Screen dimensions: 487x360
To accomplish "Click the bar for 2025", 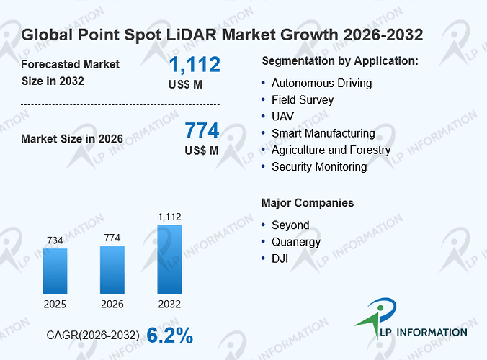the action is [x=55, y=271].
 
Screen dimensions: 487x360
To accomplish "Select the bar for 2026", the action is [x=112, y=270].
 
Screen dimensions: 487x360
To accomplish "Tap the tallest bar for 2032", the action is [x=169, y=259].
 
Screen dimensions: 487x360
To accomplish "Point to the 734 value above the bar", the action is [x=55, y=240].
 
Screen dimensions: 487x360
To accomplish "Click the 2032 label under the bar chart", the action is [x=169, y=304].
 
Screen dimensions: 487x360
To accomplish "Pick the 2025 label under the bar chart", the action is [x=55, y=304].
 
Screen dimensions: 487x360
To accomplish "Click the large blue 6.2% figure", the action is [x=169, y=336].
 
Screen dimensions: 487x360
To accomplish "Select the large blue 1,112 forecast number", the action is [x=195, y=65].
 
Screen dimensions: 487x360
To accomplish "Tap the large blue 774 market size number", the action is [x=202, y=130].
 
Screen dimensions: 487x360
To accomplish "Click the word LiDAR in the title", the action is [x=192, y=35].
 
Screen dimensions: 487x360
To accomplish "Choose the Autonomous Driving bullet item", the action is [x=322, y=84].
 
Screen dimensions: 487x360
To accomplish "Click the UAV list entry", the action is [x=282, y=117].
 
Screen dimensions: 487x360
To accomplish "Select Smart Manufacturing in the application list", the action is [x=323, y=133].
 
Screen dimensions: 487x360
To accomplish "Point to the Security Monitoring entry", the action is [x=319, y=166].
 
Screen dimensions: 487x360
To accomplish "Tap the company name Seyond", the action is [x=290, y=225].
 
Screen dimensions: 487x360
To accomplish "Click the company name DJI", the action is [x=280, y=258].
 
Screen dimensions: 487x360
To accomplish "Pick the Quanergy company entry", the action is [x=296, y=242].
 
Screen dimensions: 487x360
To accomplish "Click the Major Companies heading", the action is [x=308, y=202].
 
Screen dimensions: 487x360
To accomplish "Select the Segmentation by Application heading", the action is [x=340, y=61].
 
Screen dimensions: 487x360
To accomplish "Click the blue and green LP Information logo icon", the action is [x=377, y=317].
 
